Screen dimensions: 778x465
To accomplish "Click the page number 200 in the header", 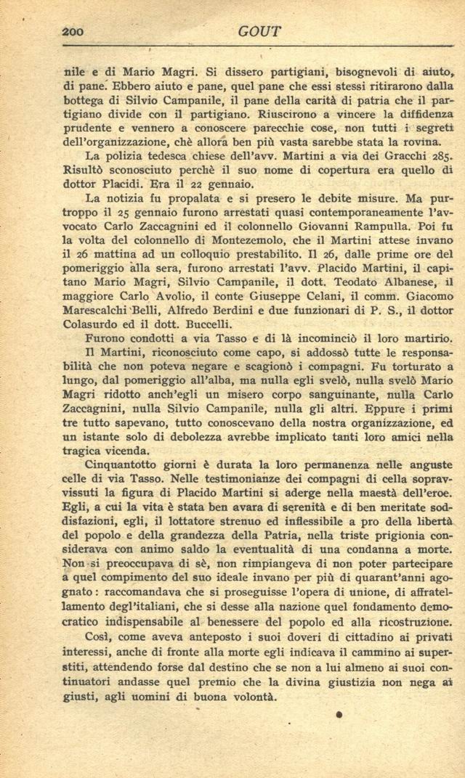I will [73, 31].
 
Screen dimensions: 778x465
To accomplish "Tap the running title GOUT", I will [259, 31].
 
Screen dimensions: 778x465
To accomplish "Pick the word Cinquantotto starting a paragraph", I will [126, 464].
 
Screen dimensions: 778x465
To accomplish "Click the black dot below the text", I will [339, 715].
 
